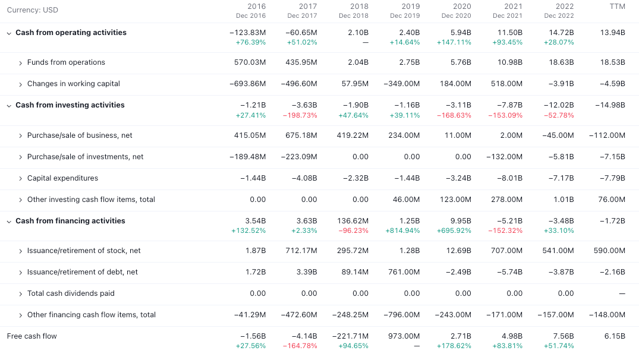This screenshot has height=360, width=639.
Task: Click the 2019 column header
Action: pos(410,7)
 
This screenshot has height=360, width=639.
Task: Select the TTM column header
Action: pos(617,7)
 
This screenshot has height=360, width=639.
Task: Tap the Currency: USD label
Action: pos(32,10)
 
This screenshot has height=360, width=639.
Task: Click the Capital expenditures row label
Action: pos(62,178)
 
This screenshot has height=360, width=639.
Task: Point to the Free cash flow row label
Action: pos(32,336)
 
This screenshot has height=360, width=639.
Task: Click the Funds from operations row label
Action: pos(66,62)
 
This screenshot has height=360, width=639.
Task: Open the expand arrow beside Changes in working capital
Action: pos(20,84)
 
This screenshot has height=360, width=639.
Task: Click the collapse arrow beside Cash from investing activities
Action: pos(9,106)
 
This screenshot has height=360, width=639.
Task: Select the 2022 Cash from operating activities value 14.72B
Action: pos(561,33)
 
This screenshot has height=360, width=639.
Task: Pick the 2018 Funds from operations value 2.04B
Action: pos(357,62)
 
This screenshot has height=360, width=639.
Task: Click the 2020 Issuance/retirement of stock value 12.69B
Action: pos(458,251)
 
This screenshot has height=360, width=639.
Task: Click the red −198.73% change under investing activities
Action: pos(300,115)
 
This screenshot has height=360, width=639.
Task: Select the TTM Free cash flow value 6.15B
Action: pos(615,336)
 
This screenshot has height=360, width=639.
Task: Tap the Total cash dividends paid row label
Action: pos(71,293)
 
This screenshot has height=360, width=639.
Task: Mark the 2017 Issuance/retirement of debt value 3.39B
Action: pos(304,272)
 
